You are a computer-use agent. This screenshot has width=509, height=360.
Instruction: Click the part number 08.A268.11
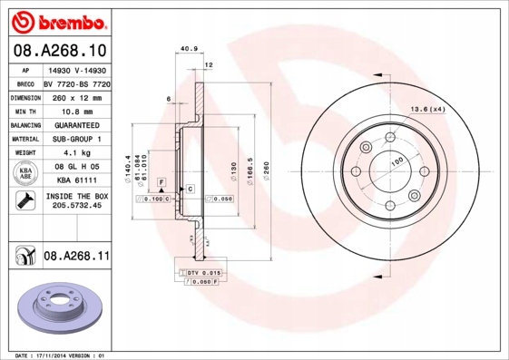pyautogui.click(x=77, y=257)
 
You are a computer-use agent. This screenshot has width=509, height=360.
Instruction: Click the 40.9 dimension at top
pyautogui.click(x=190, y=50)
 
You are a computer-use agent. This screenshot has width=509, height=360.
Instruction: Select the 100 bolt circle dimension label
pyautogui.click(x=396, y=161)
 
